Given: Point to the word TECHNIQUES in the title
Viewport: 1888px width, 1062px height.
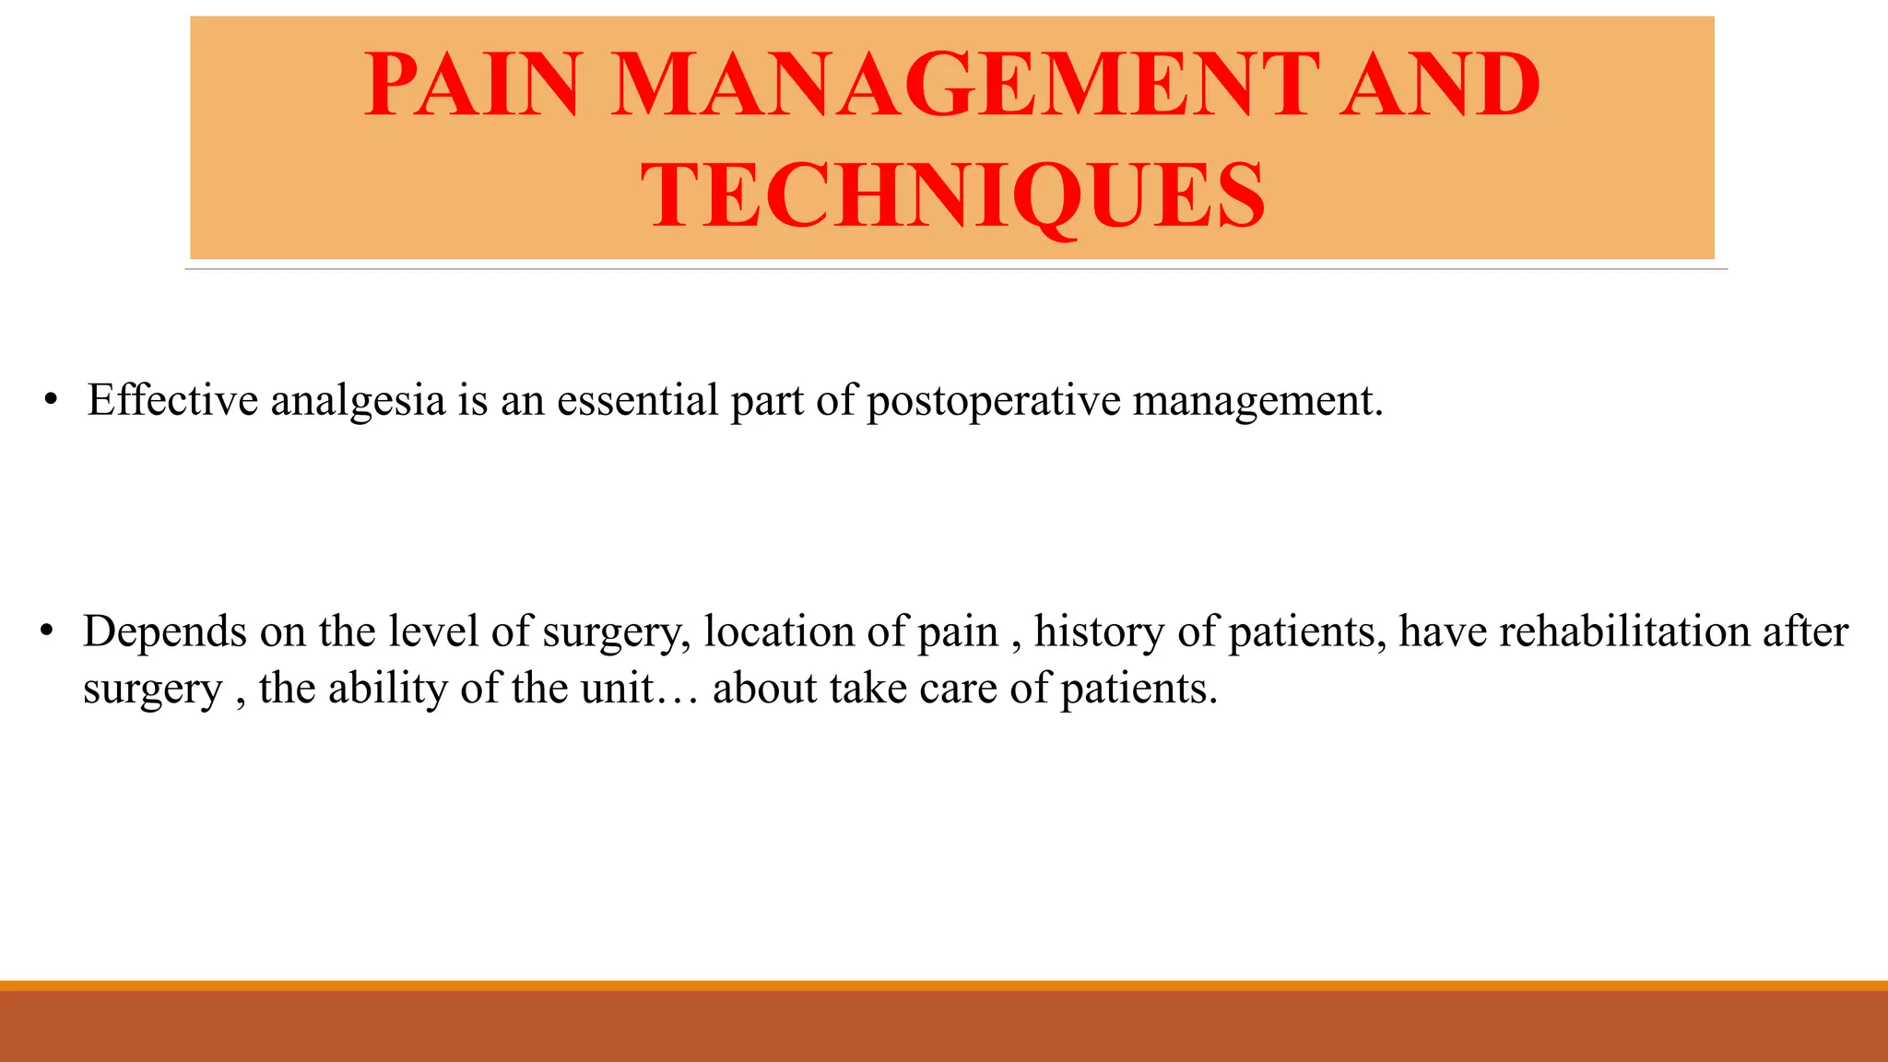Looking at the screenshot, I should pos(952,195).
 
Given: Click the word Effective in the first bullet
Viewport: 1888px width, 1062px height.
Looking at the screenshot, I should pos(172,400).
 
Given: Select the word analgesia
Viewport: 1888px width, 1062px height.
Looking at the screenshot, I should pos(358,400).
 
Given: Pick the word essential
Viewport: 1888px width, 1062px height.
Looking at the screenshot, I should pos(637,400).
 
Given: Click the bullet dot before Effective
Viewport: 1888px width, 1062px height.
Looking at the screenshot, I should pos(51,400).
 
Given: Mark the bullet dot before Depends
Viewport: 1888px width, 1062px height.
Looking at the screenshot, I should pos(47,632).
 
